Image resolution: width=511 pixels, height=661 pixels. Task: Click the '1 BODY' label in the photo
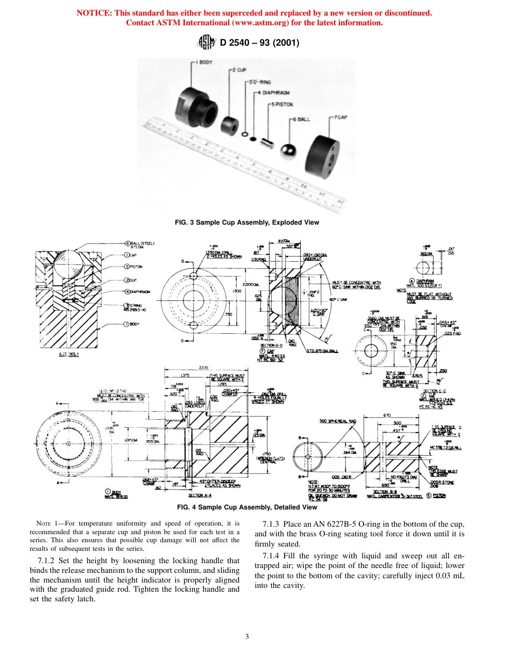pyautogui.click(x=204, y=62)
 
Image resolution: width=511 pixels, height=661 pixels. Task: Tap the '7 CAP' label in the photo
pyautogui.click(x=340, y=117)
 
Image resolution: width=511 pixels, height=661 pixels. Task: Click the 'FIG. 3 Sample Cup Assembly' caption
pyautogui.click(x=255, y=222)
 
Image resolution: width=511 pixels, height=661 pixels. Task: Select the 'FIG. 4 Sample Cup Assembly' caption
pyautogui.click(x=255, y=507)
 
